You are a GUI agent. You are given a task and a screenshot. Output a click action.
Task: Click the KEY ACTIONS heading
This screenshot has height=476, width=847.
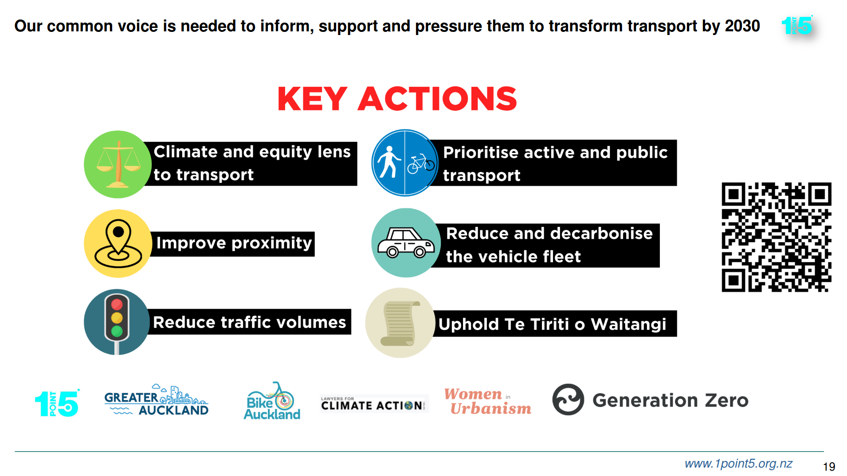(x=397, y=98)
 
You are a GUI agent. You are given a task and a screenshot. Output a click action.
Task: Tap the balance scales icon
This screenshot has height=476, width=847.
(x=118, y=164)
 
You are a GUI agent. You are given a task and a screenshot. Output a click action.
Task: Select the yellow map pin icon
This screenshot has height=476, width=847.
(x=118, y=243)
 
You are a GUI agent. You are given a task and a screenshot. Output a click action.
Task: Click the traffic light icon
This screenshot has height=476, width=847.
(x=117, y=322)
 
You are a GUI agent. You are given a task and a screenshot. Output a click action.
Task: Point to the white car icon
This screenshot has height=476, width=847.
(x=406, y=242)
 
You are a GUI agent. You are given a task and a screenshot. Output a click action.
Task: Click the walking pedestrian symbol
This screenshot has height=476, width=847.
(x=389, y=162)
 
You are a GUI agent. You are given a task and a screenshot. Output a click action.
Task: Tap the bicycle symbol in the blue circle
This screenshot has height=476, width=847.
(x=421, y=164)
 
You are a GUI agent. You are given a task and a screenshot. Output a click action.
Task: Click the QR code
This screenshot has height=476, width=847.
(x=776, y=237)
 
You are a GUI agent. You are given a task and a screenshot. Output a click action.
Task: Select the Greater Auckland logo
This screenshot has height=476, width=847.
(x=156, y=400)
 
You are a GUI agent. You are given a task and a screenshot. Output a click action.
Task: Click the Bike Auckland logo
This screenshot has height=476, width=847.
(x=272, y=401)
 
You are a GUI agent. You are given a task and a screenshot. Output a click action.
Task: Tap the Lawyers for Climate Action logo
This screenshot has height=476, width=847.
(x=374, y=404)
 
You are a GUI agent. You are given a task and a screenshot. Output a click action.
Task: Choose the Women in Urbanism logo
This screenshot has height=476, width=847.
(x=487, y=401)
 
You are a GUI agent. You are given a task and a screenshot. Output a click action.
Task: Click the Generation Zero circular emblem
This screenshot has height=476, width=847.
(x=568, y=399)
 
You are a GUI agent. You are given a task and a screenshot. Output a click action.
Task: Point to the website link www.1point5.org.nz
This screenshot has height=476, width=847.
(x=738, y=464)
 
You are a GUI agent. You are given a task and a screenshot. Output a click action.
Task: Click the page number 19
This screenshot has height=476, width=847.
(x=829, y=466)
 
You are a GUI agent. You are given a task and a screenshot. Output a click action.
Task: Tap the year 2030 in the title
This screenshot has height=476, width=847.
(x=742, y=26)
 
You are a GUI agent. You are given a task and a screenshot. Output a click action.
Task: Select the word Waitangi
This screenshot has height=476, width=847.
(x=628, y=324)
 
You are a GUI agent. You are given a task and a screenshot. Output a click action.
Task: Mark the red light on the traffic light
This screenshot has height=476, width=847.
(x=117, y=304)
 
